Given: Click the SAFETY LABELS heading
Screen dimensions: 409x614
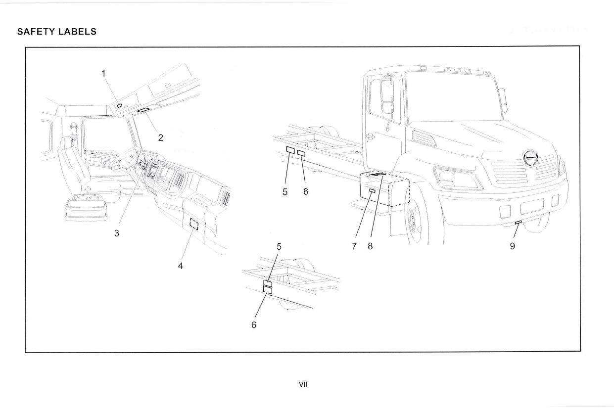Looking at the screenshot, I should tap(56, 32).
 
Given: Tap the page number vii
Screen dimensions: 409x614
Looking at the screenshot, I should tap(304, 383).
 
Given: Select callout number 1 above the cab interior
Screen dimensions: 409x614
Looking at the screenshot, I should tap(104, 73).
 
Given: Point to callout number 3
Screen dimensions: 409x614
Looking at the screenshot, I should tap(117, 233).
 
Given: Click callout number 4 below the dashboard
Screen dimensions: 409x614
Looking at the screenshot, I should tap(181, 266).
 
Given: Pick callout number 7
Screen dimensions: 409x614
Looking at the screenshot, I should tap(354, 246).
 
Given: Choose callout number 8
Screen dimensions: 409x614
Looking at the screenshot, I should tap(370, 246).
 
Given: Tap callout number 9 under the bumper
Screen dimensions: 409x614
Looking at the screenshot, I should tap(513, 246).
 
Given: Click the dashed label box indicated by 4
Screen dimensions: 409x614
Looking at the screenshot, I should tap(194, 225).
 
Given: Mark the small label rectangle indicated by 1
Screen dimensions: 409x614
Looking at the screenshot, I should tap(120, 105).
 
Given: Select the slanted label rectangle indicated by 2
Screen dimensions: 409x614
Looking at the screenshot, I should tap(144, 110).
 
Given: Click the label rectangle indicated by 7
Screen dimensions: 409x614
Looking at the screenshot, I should tap(373, 190).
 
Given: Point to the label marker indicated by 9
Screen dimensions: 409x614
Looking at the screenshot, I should tap(518, 223).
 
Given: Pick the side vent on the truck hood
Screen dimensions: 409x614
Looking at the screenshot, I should tap(425, 138).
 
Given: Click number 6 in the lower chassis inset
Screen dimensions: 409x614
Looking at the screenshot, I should tap(253, 325).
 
